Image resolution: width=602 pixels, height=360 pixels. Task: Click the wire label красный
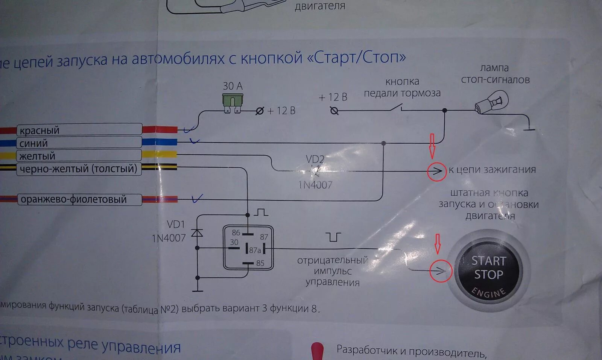[40, 131]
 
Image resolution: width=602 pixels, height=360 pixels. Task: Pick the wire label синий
[33, 143]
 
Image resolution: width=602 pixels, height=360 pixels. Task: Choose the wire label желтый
[37, 156]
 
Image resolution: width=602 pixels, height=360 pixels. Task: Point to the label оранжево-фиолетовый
[73, 199]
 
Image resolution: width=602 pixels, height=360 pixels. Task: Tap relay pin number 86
[236, 232]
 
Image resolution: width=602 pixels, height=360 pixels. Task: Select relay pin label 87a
[255, 250]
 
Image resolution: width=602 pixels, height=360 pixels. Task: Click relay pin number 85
[260, 263]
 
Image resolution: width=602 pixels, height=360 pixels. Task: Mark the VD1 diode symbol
[197, 233]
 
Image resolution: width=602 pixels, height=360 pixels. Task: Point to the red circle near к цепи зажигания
[436, 171]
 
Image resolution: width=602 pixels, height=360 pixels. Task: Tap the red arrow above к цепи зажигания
[432, 146]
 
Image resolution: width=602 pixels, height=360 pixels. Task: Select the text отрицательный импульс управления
[332, 271]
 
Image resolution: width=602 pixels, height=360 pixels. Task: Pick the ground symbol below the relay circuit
[197, 290]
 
